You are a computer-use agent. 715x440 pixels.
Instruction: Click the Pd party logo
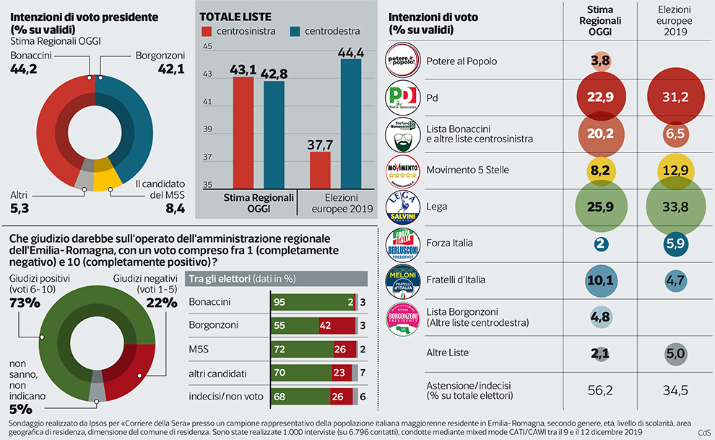(403, 98)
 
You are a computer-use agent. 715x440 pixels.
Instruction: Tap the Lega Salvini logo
(403, 207)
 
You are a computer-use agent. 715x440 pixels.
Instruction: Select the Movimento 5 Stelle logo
(403, 171)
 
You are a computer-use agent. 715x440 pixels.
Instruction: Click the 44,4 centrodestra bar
(351, 124)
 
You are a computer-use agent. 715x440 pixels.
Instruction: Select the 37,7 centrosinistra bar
(320, 170)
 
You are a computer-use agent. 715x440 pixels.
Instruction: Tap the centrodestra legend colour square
(295, 32)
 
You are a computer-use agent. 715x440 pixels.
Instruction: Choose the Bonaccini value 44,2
(26, 69)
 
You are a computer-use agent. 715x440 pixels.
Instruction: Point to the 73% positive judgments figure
(25, 303)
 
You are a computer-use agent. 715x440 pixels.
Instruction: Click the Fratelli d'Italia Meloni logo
(403, 280)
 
